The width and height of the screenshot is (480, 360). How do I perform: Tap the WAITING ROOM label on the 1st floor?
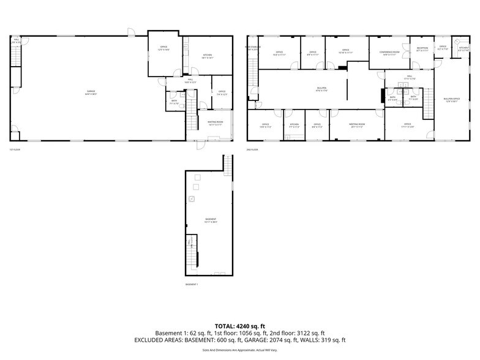216,122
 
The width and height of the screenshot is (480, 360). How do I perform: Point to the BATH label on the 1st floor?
174,102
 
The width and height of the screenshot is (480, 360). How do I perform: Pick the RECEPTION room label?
422,48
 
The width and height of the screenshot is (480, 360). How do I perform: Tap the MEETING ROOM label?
357,126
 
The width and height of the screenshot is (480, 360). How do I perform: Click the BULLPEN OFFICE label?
452,100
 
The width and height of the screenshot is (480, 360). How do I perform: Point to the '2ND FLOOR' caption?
253,149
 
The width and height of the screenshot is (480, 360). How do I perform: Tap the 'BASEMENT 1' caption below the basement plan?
192,285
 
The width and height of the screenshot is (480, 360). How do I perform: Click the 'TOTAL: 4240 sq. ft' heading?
239,326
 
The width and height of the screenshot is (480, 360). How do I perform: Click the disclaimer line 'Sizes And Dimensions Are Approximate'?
239,350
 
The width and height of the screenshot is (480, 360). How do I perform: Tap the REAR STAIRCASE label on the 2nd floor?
252,47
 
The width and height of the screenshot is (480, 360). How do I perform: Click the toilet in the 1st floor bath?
172,94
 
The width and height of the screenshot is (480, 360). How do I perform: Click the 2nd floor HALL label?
409,78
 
